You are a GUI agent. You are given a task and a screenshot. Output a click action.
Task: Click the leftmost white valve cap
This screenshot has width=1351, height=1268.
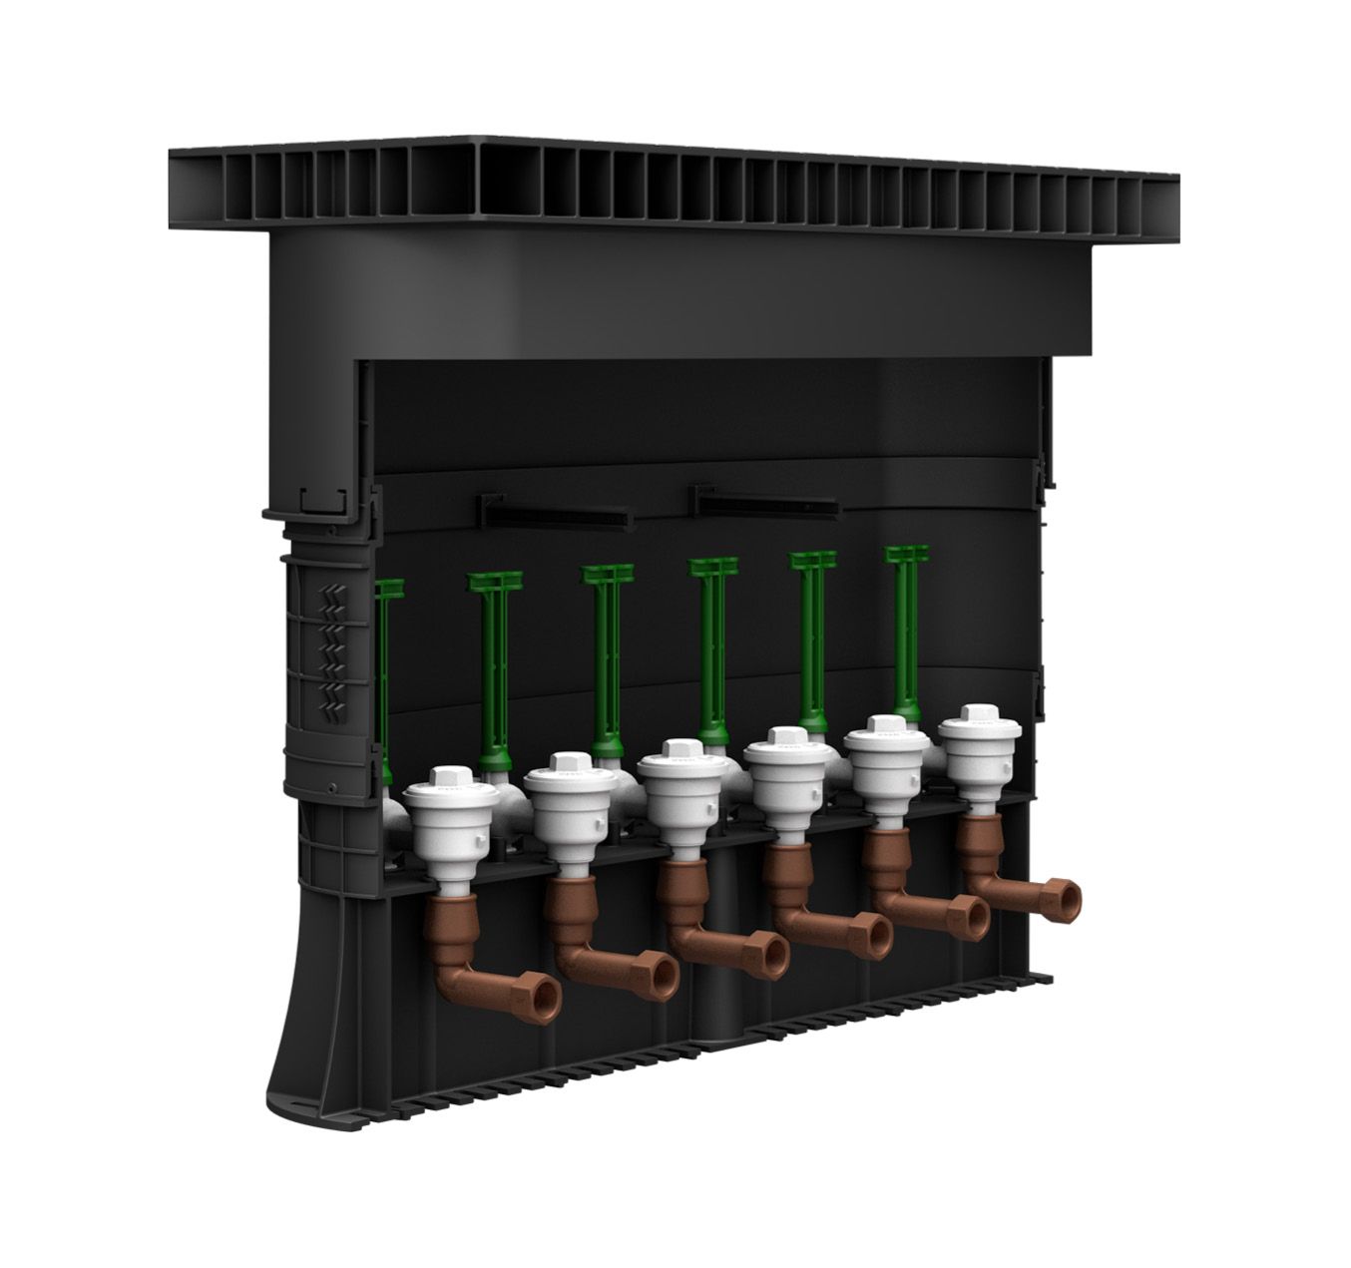[443, 778]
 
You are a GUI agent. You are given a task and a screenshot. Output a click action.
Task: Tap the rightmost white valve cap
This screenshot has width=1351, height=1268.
[974, 716]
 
